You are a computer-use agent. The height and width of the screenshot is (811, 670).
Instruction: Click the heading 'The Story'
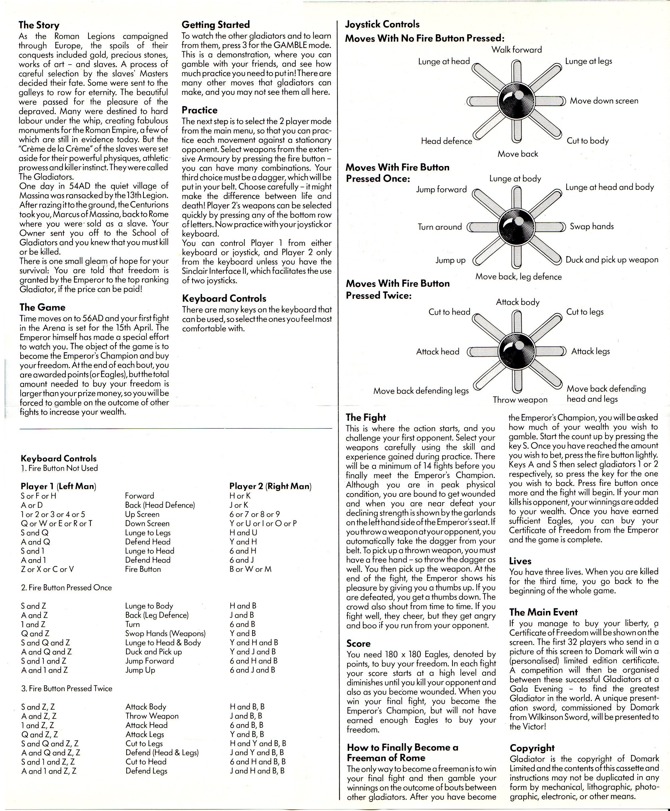tap(39, 25)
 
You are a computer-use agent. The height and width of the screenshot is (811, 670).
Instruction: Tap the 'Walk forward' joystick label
tap(516, 50)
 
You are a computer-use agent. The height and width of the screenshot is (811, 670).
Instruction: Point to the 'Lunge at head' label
tap(444, 61)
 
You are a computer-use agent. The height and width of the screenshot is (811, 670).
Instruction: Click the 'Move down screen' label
tap(604, 101)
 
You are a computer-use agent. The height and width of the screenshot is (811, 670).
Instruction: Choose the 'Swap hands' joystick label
tap(592, 227)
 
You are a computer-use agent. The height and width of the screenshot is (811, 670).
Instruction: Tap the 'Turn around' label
tap(440, 227)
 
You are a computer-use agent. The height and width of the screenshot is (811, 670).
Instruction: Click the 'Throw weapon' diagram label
tap(520, 400)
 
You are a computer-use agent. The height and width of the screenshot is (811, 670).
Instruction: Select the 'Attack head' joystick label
tap(438, 352)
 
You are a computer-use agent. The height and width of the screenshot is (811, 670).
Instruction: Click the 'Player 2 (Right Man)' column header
tap(270, 486)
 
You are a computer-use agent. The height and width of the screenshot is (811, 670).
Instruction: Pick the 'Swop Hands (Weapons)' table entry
tap(165, 633)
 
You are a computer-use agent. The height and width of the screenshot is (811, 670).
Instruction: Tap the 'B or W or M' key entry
tap(250, 569)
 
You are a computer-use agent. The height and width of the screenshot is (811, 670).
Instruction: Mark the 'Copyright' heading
tap(532, 748)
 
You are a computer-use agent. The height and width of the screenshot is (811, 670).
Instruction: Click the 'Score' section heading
tap(358, 644)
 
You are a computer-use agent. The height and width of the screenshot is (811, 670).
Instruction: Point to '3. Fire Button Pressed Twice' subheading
tap(66, 688)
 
